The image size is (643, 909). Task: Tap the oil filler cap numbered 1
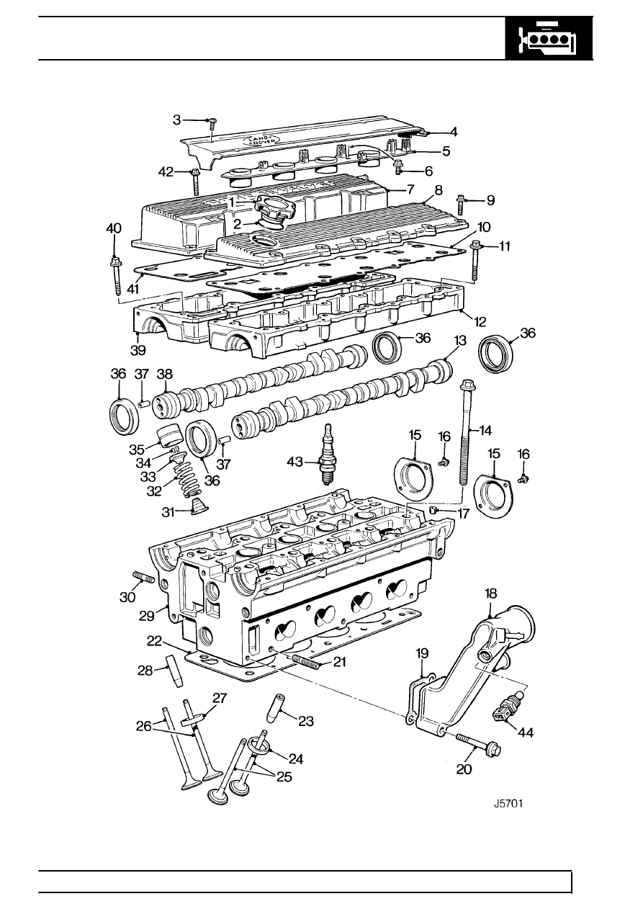pyautogui.click(x=274, y=207)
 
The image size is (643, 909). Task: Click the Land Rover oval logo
pyautogui.click(x=261, y=140)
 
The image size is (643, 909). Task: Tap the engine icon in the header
pyautogui.click(x=549, y=39)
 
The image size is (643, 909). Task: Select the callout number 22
pyautogui.click(x=154, y=641)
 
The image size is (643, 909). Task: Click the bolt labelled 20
pyautogui.click(x=479, y=741)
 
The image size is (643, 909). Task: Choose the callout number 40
pyautogui.click(x=114, y=229)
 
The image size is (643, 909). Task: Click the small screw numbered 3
pyautogui.click(x=212, y=123)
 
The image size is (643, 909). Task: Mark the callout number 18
pyautogui.click(x=490, y=594)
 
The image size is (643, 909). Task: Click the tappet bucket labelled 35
pyautogui.click(x=168, y=437)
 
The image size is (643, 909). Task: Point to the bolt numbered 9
pyautogui.click(x=461, y=205)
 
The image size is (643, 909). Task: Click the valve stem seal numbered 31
pyautogui.click(x=199, y=506)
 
